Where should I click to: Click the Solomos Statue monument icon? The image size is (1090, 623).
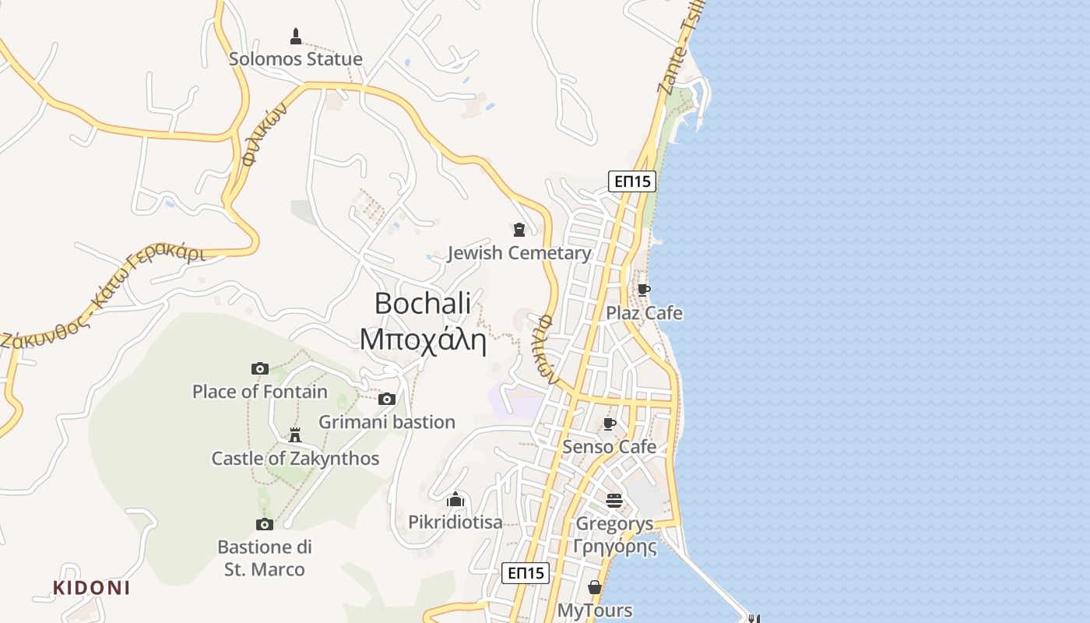[x=296, y=36]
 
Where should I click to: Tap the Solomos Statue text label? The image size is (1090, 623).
[x=296, y=59]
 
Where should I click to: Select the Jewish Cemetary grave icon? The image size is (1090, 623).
[x=519, y=229]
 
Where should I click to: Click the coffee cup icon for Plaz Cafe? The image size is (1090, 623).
[x=643, y=290]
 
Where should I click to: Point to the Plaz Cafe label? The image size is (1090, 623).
[x=645, y=313]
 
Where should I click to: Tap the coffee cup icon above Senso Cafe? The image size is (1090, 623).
[x=610, y=424]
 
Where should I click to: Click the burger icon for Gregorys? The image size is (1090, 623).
[x=614, y=500]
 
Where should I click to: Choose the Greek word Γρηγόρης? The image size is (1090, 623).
[x=614, y=547]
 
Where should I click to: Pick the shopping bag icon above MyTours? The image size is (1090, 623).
[x=595, y=587]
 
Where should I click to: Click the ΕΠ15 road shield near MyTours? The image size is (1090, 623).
[x=526, y=573]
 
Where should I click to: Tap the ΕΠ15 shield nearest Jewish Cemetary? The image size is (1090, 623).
[x=631, y=181]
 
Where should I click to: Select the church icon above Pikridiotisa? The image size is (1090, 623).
[x=455, y=498]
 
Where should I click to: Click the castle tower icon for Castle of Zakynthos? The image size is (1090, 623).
[x=295, y=435]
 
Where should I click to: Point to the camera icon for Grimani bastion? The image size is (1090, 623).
[x=387, y=399]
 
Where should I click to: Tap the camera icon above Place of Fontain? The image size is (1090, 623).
[x=260, y=368]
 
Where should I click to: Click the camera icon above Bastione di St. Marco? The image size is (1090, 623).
[x=265, y=524]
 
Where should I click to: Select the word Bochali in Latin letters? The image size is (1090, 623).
[x=423, y=303]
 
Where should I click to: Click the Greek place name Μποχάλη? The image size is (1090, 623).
[x=423, y=340]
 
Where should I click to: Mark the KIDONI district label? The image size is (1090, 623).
[x=91, y=588]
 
